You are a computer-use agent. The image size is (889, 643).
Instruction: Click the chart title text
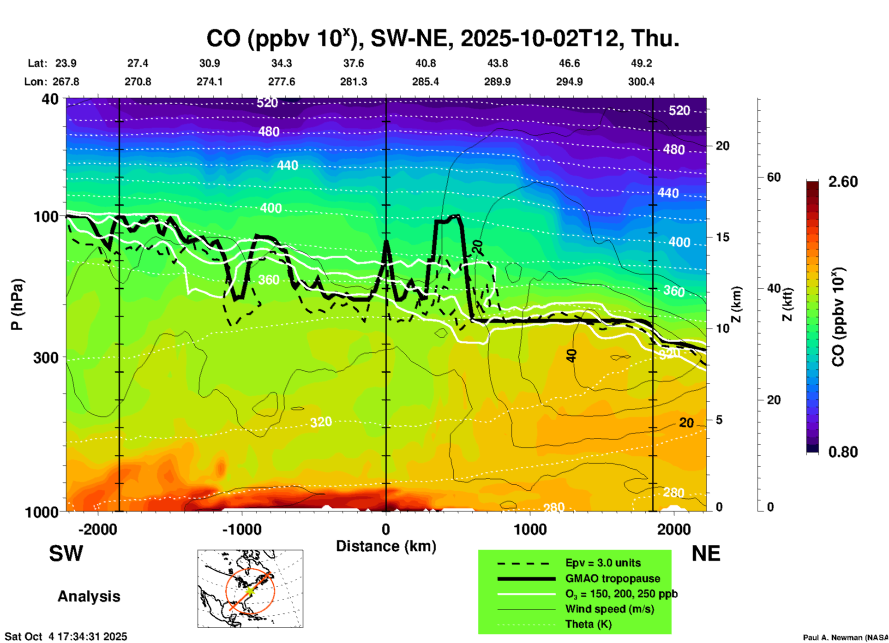442,38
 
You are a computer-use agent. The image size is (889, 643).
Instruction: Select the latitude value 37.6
354,63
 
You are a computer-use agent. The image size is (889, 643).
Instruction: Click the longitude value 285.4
426,82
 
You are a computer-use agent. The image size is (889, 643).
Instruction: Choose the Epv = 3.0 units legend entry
602,563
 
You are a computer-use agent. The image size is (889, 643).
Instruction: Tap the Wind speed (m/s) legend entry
609,609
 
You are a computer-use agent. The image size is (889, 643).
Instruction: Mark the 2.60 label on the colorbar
843,182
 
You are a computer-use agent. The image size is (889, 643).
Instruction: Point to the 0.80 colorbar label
843,452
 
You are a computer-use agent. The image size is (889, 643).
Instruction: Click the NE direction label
706,554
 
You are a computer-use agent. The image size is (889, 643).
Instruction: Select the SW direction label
66,554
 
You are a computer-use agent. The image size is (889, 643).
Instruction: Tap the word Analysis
89,596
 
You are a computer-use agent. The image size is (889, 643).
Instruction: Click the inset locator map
250,589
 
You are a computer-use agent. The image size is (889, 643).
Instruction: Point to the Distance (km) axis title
386,546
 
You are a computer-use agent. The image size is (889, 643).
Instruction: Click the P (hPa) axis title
17,304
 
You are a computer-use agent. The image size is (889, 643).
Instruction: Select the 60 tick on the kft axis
774,177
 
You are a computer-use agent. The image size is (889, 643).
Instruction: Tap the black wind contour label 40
571,356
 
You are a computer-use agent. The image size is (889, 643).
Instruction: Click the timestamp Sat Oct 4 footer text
66,637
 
